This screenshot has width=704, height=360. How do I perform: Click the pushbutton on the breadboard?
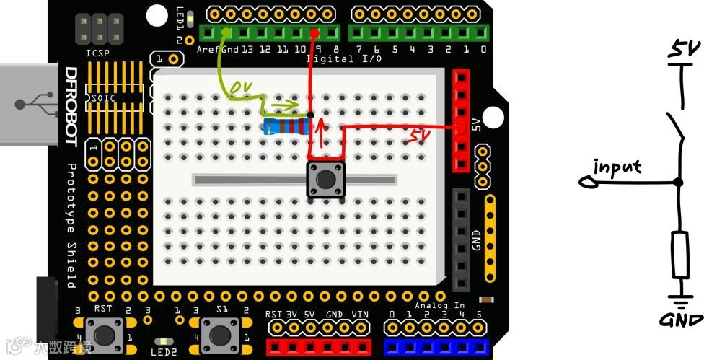pos(326,179)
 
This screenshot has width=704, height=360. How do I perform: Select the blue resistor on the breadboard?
pos(287,127)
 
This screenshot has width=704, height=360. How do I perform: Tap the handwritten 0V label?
pos(240,88)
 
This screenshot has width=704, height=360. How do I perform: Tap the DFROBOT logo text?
pos(71,107)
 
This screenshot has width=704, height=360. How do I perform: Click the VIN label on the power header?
pos(359,315)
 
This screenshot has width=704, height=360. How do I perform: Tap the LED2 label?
pos(164,352)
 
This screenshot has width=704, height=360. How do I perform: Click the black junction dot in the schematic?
pos(678,183)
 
